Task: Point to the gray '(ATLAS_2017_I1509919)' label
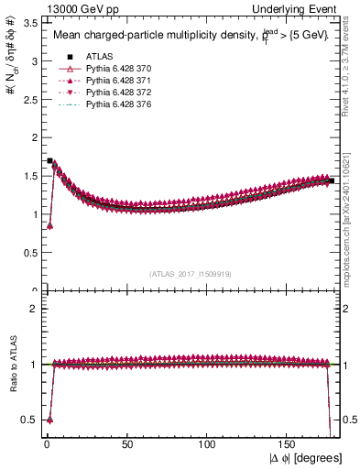click(x=190, y=273)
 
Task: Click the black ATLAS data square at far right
click(x=331, y=181)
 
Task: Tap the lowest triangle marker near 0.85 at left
click(x=49, y=225)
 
